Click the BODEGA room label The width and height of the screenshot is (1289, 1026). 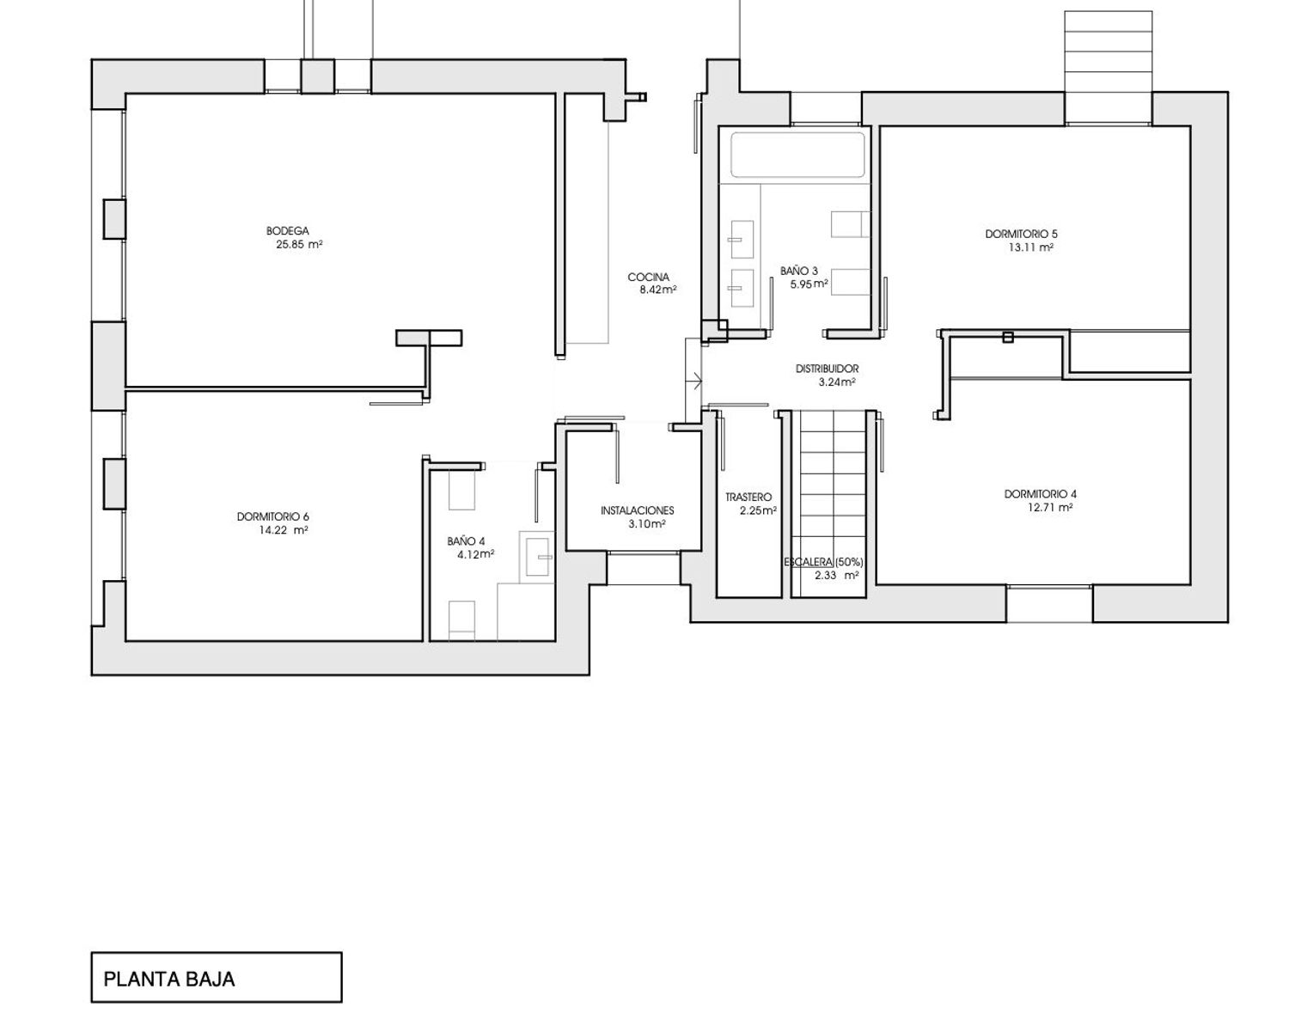coord(288,230)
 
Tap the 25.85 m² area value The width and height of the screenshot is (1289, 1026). coord(299,244)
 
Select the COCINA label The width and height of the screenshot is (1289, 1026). coord(648,278)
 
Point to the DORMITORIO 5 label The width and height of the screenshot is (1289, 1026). coord(1021,234)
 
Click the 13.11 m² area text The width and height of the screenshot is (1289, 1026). coord(1031,247)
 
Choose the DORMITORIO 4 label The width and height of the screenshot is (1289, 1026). coord(1041,494)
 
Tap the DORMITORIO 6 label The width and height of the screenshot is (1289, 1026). coord(272,516)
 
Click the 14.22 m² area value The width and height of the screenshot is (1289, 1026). coord(284,530)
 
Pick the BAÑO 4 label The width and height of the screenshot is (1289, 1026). coord(466,541)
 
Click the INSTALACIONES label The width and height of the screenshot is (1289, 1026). coord(638,510)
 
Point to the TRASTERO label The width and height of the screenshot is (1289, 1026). coord(748,498)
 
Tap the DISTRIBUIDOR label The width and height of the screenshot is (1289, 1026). coord(827,369)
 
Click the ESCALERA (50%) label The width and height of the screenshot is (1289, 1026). coord(823,562)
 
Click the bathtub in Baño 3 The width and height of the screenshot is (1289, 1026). coord(797,156)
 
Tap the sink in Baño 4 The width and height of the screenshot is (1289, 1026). coord(537,557)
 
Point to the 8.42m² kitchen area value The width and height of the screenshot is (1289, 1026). coord(657,290)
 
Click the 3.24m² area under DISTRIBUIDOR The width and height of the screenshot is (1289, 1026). coord(837,382)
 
